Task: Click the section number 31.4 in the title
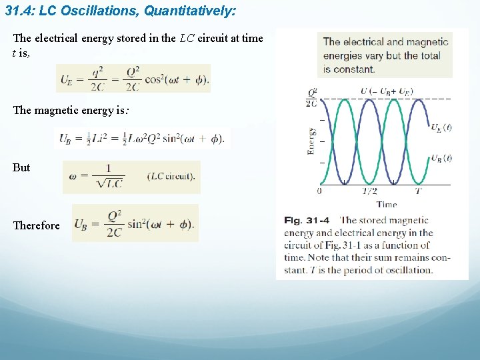(19, 11)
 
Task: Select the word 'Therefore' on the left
(36, 225)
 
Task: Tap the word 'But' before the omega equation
(21, 167)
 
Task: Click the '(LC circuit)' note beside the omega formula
(171, 177)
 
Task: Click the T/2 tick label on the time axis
(369, 191)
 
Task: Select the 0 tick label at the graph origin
(319, 191)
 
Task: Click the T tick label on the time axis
(417, 191)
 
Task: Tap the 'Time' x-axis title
(386, 205)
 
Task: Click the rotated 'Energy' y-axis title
(311, 141)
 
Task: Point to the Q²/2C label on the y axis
(311, 98)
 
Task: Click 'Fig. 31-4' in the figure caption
(307, 220)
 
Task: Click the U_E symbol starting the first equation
(67, 80)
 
